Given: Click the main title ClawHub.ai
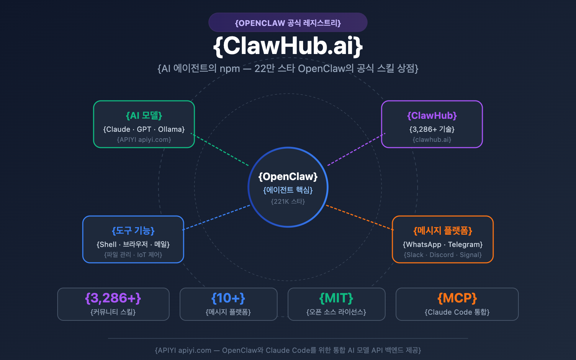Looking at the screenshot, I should (288, 46).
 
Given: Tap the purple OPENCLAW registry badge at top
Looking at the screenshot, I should (288, 23).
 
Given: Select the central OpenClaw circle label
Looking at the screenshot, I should (288, 176).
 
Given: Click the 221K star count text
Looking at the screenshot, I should (288, 202).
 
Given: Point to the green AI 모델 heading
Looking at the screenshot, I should (144, 116).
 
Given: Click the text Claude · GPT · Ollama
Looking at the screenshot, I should (144, 129).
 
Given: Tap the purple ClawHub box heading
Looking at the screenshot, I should (432, 116).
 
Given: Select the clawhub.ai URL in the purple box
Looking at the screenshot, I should (432, 140).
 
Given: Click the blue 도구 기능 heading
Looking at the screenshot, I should (133, 231).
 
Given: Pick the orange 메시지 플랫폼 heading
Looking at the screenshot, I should (443, 231).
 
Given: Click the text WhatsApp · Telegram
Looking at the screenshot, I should (443, 244).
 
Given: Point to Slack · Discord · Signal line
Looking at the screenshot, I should (443, 255).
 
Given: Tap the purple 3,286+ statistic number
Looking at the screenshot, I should (113, 298).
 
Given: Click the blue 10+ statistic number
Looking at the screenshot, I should (228, 298).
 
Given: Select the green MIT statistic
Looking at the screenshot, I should (336, 298).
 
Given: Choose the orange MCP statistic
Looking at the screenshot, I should (457, 298).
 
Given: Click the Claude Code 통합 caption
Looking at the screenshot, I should (457, 312).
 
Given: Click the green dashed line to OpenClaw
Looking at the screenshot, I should (220, 150).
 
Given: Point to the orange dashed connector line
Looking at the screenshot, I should (360, 217).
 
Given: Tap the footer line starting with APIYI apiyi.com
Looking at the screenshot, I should (288, 350).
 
